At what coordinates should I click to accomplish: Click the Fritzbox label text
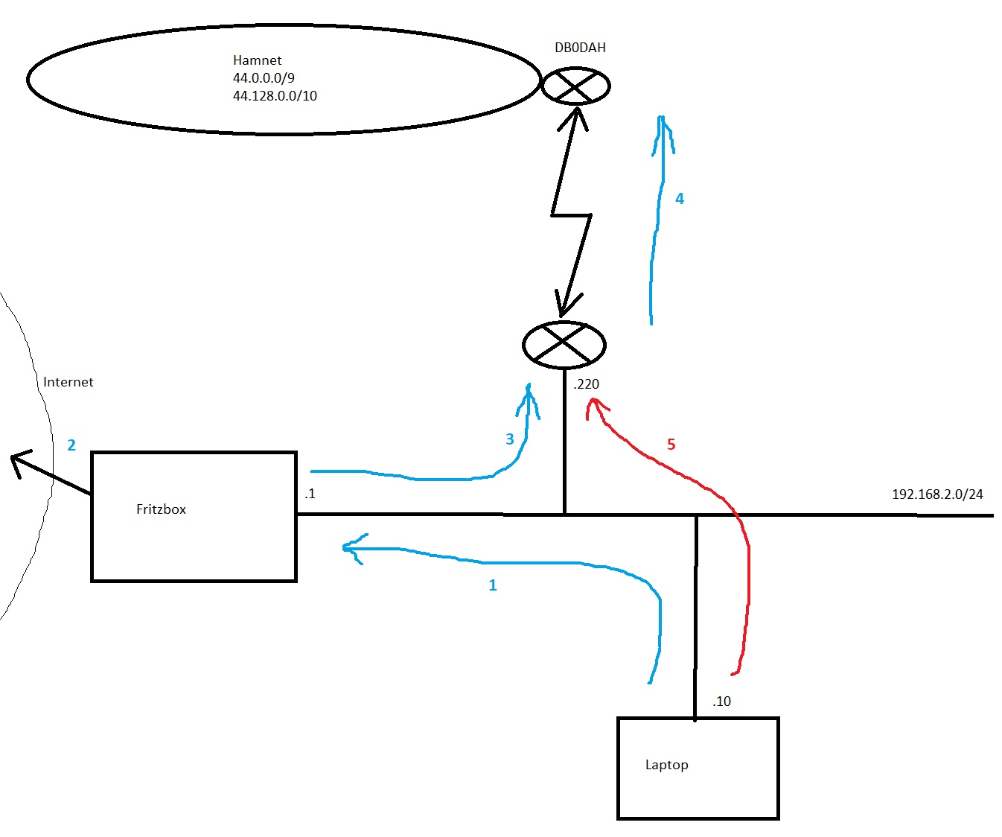161,509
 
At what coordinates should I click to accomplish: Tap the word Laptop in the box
666,765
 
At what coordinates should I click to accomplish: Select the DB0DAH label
580,48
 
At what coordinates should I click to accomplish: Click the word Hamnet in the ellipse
257,60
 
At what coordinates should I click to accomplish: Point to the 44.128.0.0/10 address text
275,96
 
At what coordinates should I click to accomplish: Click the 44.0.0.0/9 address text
264,78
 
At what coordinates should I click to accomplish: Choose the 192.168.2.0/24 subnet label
937,494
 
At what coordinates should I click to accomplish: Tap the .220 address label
586,384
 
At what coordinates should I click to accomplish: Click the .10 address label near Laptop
721,701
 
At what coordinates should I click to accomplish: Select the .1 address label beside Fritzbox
310,494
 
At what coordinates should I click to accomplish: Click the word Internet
68,382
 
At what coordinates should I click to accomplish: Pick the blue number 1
492,585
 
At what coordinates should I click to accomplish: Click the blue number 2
71,445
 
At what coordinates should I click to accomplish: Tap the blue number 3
510,439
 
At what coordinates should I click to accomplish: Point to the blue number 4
679,199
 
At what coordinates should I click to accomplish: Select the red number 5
671,445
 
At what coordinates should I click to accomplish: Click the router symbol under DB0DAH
575,86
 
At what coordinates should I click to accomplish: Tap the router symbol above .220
564,345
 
